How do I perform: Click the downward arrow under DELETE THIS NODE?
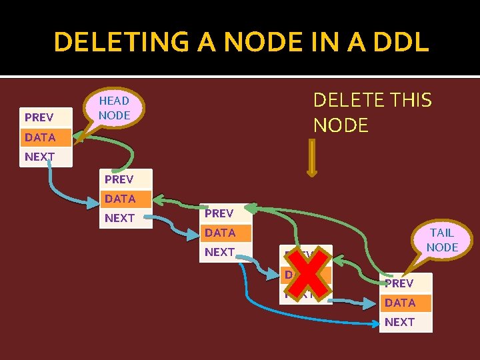click(x=311, y=157)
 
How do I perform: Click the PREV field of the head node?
click(x=39, y=118)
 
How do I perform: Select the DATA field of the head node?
click(x=40, y=137)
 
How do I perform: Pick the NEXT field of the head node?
click(x=39, y=157)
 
